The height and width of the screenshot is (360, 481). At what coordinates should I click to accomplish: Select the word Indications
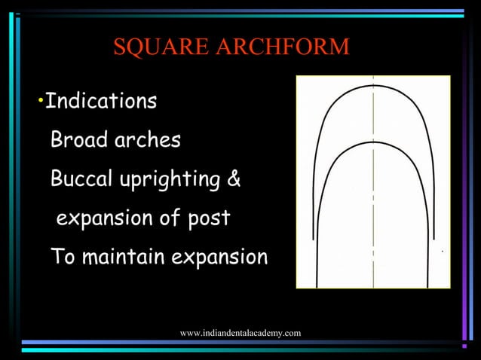tap(101, 101)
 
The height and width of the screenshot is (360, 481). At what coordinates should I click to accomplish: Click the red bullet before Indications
tap(40, 100)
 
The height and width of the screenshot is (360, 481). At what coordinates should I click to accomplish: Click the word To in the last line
tap(63, 258)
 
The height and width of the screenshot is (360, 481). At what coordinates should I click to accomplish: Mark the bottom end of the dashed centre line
tap(374, 286)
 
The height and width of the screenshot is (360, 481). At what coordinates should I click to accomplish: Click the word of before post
tap(168, 219)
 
